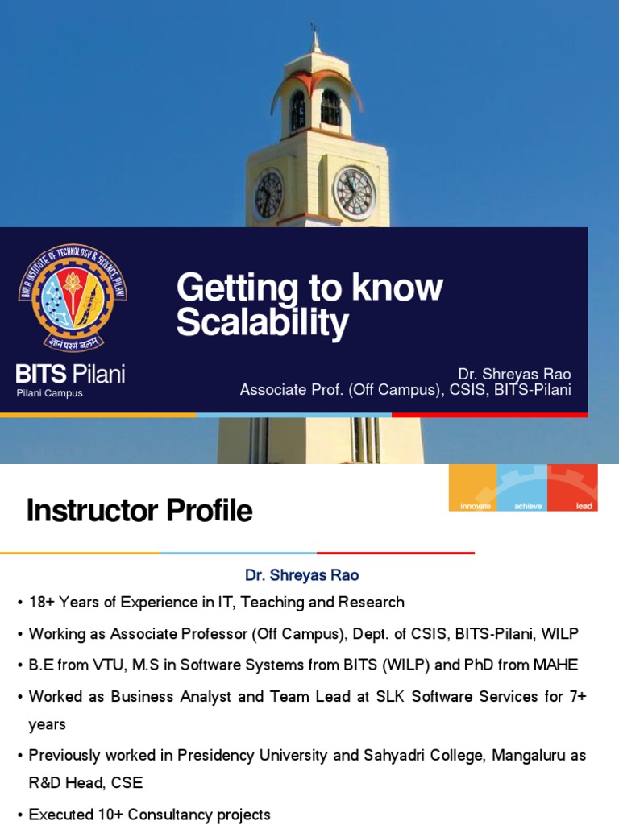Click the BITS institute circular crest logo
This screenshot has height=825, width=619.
tap(73, 296)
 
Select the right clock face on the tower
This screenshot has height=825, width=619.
tap(354, 193)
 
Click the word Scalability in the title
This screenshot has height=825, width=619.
tap(262, 323)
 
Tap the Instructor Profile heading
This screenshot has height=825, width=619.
tap(139, 510)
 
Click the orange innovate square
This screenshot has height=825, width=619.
tap(473, 487)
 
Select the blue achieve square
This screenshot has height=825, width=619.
tap(522, 487)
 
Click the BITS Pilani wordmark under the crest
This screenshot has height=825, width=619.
tap(71, 374)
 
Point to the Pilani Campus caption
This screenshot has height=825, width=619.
tap(50, 393)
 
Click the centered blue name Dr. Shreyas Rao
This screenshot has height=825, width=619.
tap(302, 575)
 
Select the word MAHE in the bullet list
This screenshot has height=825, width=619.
tap(557, 665)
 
